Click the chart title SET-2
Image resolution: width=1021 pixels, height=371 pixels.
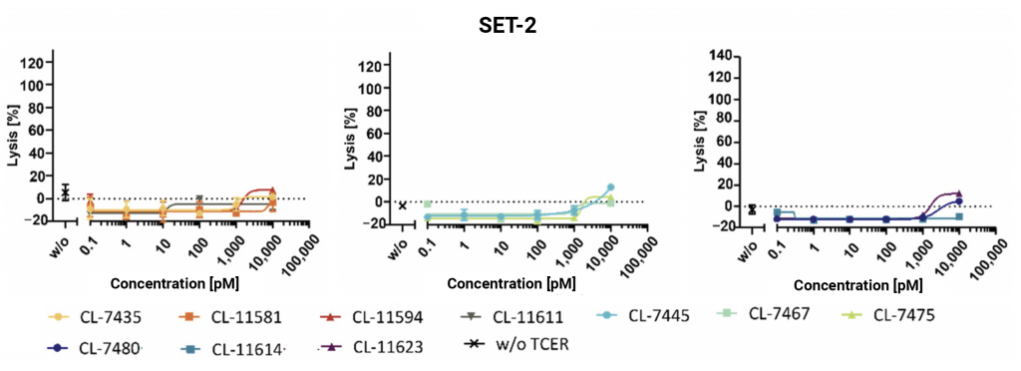point(508,26)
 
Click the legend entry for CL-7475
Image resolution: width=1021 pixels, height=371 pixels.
point(908,317)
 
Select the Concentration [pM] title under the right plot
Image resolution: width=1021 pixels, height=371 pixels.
point(850,284)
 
